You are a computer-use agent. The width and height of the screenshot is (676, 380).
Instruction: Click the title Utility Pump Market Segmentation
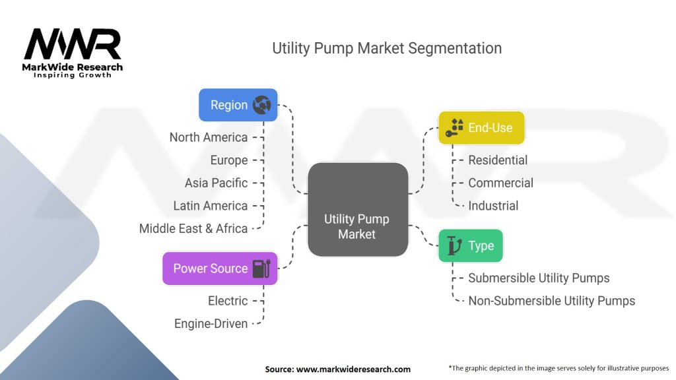(387, 48)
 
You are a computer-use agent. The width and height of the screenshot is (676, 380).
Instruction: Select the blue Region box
(238, 105)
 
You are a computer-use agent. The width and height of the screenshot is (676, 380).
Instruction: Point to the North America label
(209, 137)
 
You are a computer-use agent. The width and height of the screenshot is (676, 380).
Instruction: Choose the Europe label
(229, 160)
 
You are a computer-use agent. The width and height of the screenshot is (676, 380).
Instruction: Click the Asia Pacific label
(217, 183)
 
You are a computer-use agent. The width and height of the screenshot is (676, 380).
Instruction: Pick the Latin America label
(211, 206)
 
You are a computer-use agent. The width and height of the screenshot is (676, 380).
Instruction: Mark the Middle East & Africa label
(193, 228)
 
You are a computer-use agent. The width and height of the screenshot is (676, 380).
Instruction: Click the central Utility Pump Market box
(357, 209)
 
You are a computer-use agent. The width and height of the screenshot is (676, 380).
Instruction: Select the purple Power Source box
(220, 269)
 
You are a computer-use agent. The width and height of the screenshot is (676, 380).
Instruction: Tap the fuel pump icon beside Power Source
(261, 269)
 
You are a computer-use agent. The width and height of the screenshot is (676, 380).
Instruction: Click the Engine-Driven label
(211, 323)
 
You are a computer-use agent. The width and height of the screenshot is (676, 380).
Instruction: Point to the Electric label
(228, 301)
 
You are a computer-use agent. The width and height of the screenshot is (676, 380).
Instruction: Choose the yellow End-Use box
(481, 127)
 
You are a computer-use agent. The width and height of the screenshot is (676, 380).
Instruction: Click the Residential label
(498, 160)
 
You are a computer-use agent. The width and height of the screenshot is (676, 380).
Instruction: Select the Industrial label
(493, 206)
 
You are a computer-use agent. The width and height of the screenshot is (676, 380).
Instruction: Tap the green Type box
(471, 246)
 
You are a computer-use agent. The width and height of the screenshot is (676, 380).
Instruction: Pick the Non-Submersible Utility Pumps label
(551, 301)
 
